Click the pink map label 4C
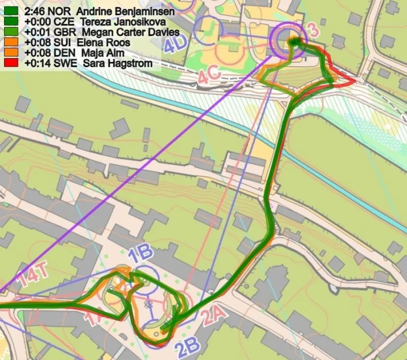[210, 76]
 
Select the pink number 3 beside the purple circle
[313, 32]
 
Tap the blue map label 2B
[188, 348]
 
